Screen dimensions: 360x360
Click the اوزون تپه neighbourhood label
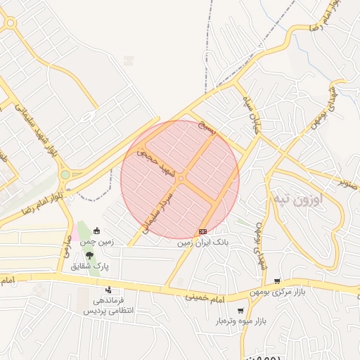tap(309, 200)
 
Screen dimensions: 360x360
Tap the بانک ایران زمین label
tap(203, 243)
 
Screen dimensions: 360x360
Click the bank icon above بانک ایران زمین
tap(203, 231)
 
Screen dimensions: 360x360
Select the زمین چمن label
tap(96, 242)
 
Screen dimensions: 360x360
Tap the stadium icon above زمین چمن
tap(97, 231)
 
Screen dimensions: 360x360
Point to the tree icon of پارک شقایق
tap(88, 255)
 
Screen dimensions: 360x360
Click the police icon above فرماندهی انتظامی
tap(108, 289)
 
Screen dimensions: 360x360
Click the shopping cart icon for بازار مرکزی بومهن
tap(277, 281)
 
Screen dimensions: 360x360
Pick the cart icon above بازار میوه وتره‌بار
tap(241, 310)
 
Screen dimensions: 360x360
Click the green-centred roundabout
tap(65, 174)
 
